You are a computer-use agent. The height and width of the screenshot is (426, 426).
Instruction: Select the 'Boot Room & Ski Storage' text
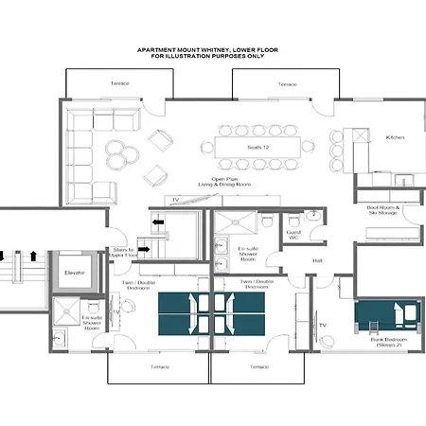[384, 211]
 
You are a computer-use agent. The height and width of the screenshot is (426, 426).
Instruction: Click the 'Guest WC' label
[293, 233]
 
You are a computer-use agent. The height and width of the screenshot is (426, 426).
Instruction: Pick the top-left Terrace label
[119, 84]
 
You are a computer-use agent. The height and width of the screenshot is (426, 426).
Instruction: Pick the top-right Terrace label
[287, 84]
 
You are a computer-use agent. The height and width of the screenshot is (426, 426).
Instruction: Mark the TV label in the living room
[176, 201]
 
